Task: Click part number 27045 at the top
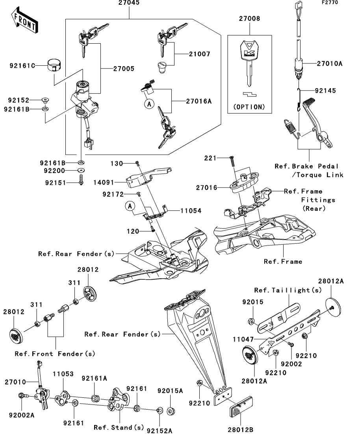point(129,3)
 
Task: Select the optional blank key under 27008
point(249,64)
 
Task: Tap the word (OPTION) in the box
point(249,107)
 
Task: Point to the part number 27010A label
point(330,64)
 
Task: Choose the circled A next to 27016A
point(149,104)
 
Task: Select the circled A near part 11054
point(130,206)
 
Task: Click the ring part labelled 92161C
point(54,65)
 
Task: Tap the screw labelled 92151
point(81,180)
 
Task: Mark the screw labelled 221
point(232,161)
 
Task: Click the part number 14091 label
point(104,183)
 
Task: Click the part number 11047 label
point(243,339)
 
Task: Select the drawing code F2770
point(330,2)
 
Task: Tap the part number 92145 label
point(325,91)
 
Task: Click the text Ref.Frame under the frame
point(283,262)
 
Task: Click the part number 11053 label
point(63,374)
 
